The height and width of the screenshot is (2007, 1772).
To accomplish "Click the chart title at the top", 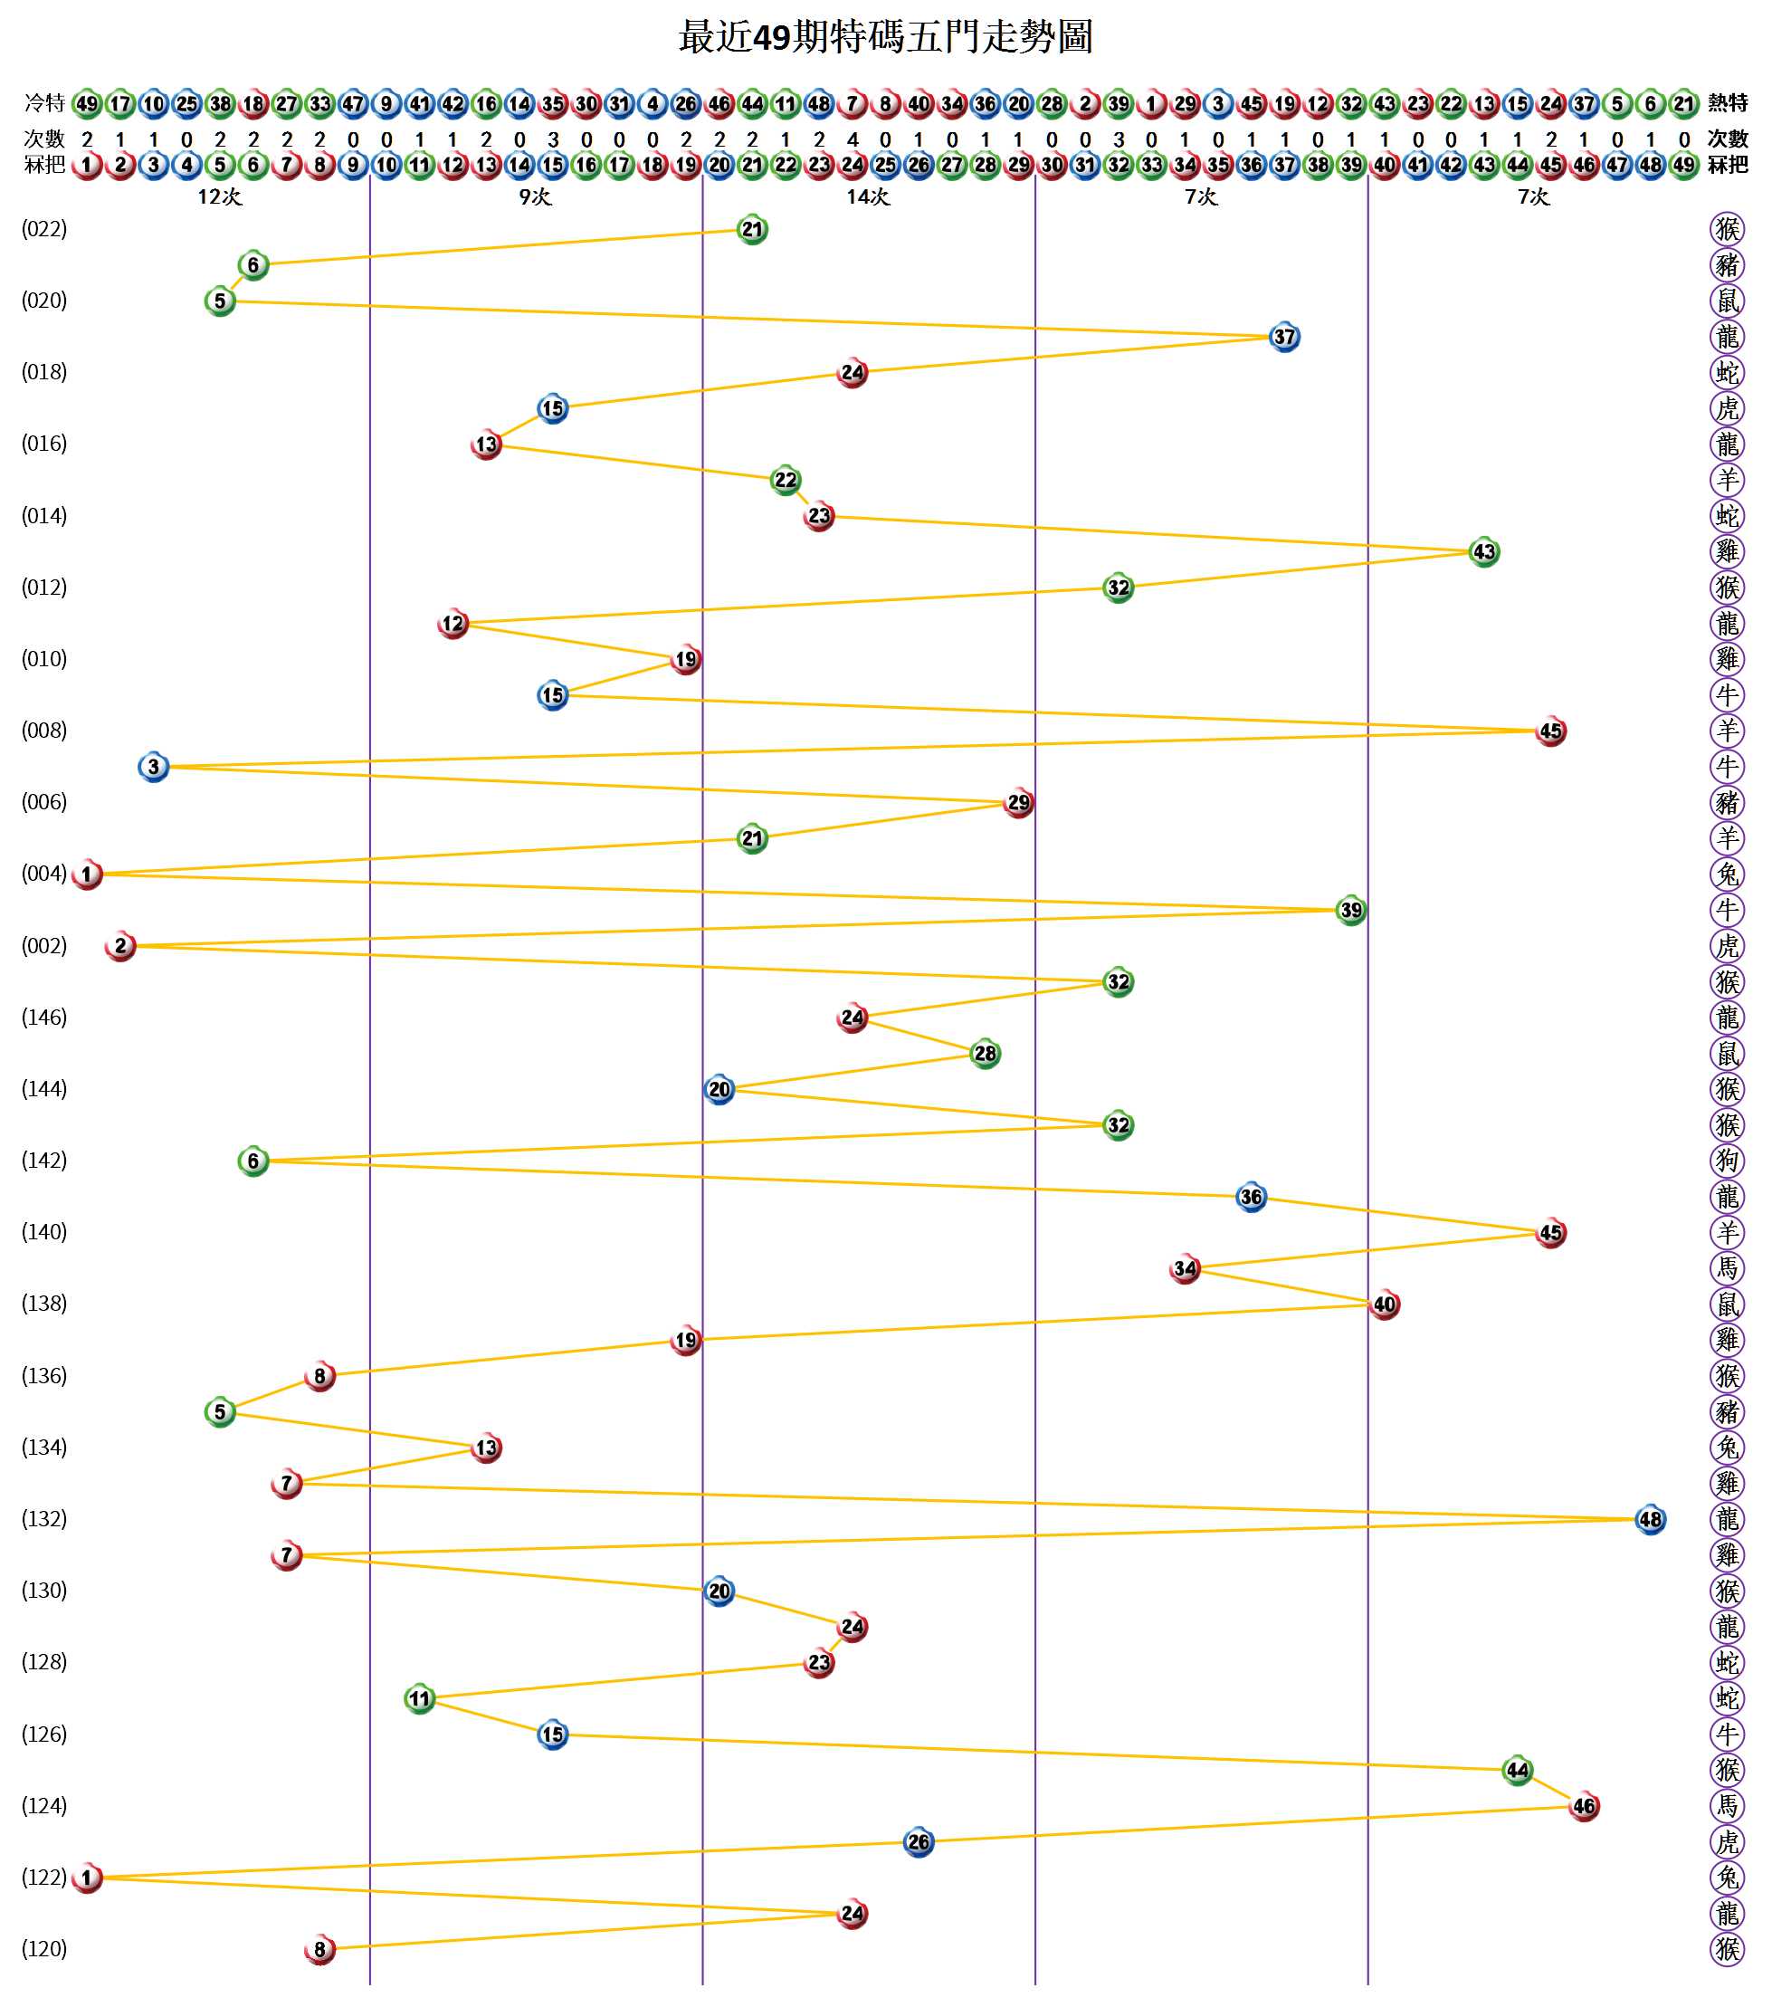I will point(885,37).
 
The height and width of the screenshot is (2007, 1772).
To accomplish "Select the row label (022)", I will point(44,230).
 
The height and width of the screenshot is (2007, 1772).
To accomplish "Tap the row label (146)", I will point(44,1018).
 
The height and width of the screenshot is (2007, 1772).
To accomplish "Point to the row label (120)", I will point(44,1948).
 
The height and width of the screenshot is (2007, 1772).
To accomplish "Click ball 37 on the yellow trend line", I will point(1284,337).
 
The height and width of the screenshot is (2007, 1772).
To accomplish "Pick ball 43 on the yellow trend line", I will point(1483,552).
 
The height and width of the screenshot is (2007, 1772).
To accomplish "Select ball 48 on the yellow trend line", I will point(1649,1519).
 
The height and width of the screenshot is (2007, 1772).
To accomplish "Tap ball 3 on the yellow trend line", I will point(153,767).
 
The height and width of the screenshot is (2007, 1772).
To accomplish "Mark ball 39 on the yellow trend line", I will point(1351,910).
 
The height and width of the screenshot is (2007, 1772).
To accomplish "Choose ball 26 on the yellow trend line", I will point(918,1842).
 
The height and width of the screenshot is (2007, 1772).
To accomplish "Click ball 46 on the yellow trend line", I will point(1584,1806).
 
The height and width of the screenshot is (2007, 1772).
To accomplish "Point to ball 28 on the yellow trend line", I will point(985,1054).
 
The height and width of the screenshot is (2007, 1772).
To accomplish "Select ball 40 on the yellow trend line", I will point(1385,1304).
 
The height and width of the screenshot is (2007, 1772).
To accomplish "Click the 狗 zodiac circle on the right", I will point(1727,1161).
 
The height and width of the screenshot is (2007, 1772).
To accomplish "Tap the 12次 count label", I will point(219,197).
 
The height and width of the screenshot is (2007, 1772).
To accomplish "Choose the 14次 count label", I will point(868,197).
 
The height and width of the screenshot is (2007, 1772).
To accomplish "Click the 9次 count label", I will point(535,197).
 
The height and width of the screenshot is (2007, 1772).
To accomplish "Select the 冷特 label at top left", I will point(44,103).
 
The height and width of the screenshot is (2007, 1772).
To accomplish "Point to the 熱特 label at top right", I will point(1728,103).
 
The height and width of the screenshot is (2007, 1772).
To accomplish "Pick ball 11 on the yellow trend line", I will point(419,1698).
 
